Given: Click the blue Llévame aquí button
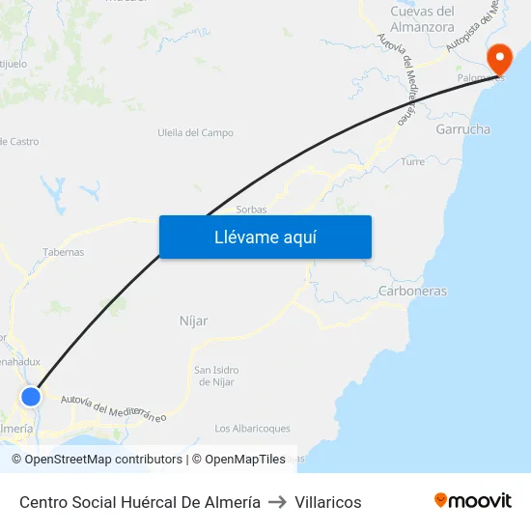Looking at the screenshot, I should click(265, 237).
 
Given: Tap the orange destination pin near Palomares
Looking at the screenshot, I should click(500, 60).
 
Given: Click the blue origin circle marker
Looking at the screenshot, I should click(31, 396).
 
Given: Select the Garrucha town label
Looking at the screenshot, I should click(462, 129).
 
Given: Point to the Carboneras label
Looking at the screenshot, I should click(412, 291).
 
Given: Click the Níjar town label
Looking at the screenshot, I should click(194, 321).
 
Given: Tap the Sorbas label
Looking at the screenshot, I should click(251, 209).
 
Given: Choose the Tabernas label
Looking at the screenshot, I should click(63, 252).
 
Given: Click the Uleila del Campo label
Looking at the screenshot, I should click(195, 133).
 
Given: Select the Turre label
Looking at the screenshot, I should click(412, 162).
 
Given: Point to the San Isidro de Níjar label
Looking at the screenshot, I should click(216, 376).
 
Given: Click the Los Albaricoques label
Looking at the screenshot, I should click(252, 429).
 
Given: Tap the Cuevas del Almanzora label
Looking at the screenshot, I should click(422, 19).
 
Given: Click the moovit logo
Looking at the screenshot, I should click(473, 500).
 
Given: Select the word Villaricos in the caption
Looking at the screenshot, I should click(328, 502).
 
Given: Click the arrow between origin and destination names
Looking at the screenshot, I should click(278, 502).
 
